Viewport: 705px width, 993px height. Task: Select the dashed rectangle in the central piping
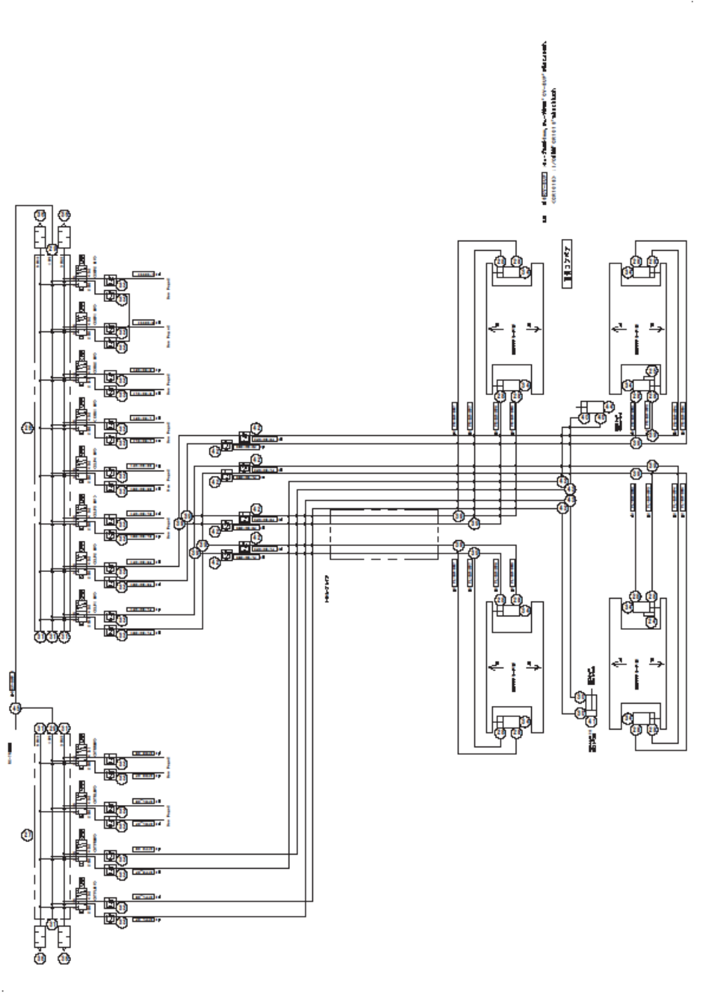(383, 533)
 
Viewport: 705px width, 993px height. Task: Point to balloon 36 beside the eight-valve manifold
(27, 427)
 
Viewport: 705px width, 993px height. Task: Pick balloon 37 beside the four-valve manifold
(27, 835)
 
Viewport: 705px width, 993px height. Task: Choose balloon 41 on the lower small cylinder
(590, 721)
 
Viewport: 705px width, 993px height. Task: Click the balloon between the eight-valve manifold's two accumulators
(52, 249)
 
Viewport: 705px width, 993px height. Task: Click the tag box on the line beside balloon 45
(13, 680)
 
